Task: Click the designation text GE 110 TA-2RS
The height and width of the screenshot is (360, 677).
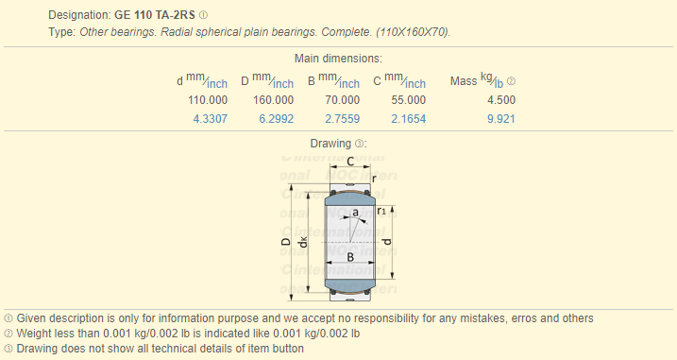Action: [x=155, y=15]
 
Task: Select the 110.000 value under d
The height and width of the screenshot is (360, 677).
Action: [x=208, y=100]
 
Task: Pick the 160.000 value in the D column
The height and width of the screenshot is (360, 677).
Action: [x=273, y=100]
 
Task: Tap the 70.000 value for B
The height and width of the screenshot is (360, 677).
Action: [x=343, y=100]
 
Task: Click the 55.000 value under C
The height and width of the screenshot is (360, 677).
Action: [x=409, y=100]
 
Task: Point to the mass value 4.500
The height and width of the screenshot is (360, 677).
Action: [x=501, y=100]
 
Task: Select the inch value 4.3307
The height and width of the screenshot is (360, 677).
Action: [x=211, y=119]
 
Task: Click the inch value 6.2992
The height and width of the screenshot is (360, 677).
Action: [x=277, y=119]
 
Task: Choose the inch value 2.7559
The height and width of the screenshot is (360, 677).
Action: [x=343, y=119]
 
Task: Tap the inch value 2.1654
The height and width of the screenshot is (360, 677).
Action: [x=409, y=119]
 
